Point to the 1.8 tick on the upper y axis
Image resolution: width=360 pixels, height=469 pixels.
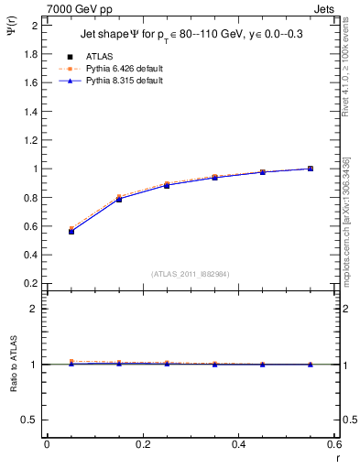(x=32, y=54)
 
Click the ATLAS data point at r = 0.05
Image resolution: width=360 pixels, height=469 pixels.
(x=71, y=232)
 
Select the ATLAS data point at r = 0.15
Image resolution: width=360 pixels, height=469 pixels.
(x=119, y=199)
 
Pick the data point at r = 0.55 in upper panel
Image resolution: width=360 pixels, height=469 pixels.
(x=311, y=169)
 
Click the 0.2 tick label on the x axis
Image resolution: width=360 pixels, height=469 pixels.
(x=142, y=444)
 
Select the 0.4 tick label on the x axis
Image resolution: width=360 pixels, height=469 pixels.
(x=238, y=444)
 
